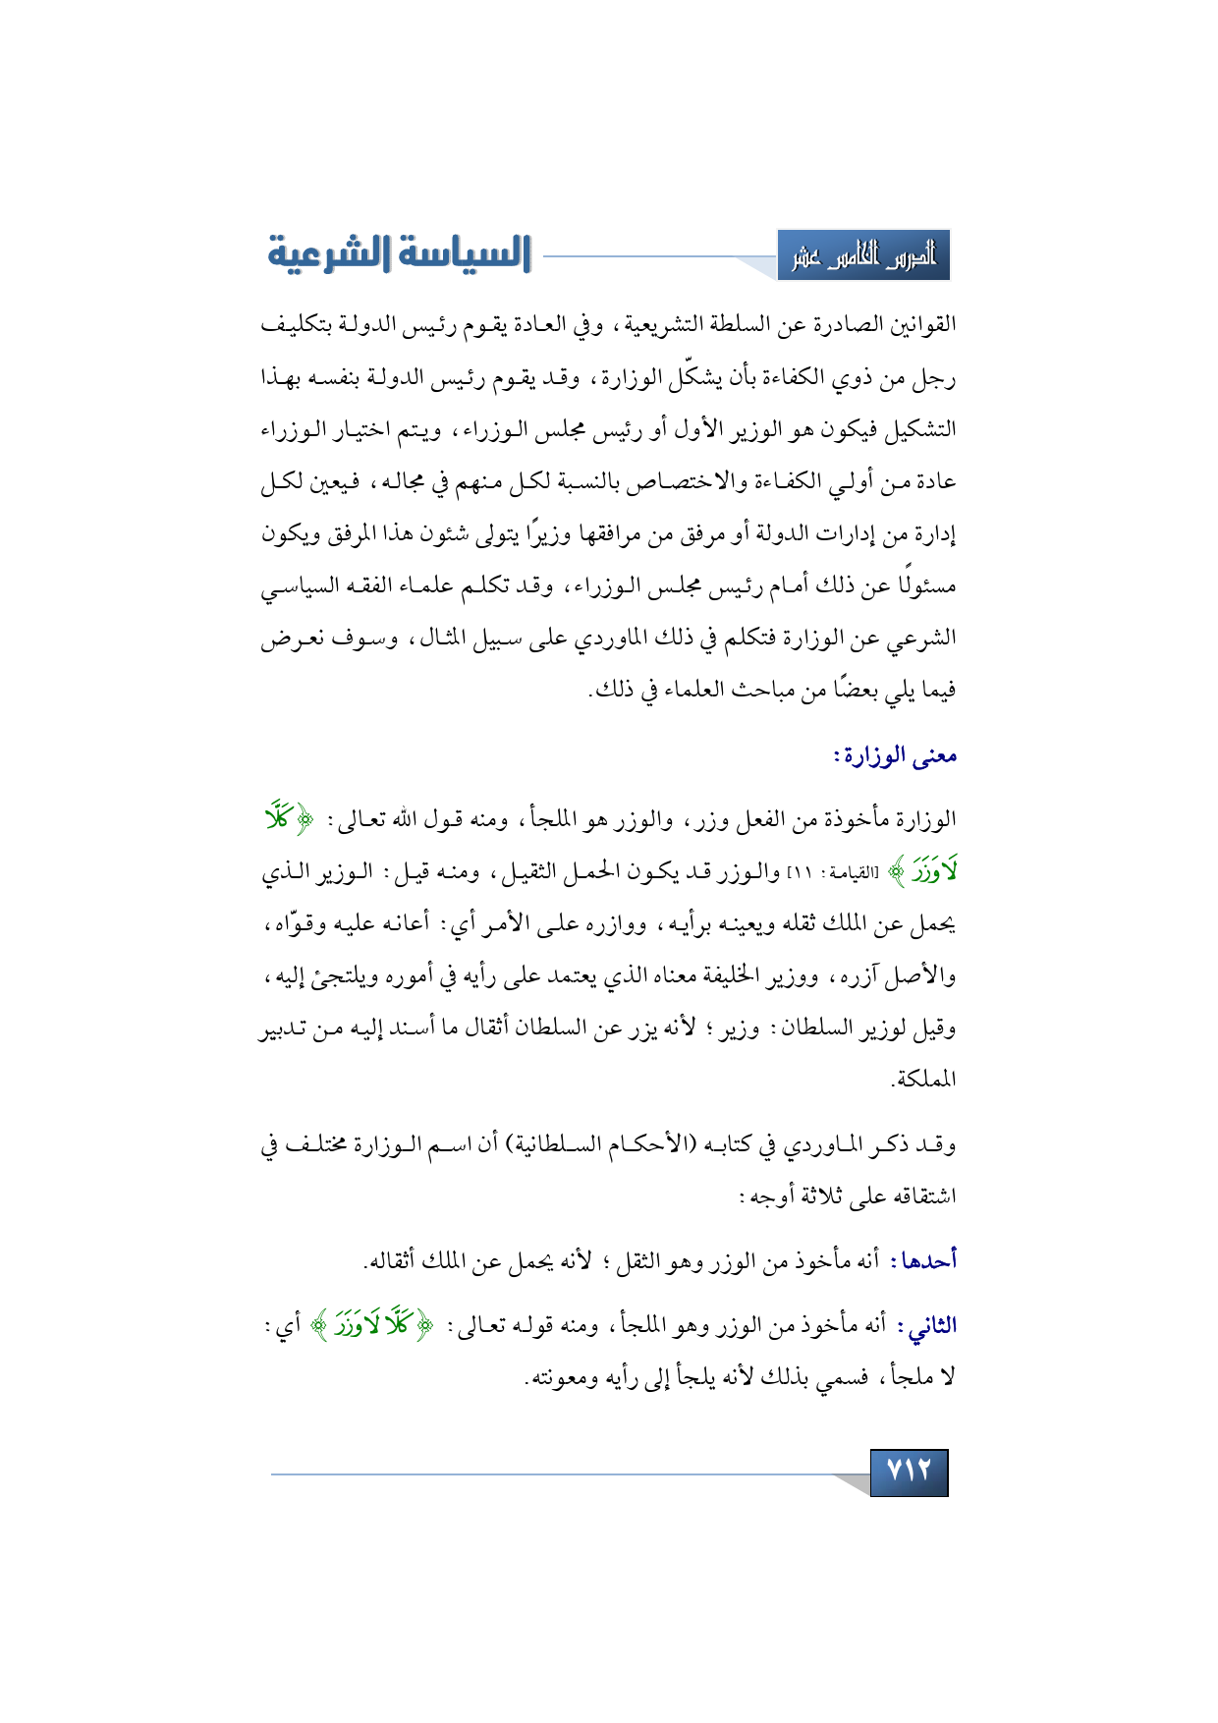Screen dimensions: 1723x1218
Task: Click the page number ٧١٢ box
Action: click(909, 1472)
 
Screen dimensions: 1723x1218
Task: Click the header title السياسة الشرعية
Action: click(399, 253)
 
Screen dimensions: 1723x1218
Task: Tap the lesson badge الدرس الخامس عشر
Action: click(863, 256)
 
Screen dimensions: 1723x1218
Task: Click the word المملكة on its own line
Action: click(923, 1080)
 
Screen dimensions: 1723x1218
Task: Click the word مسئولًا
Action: click(922, 586)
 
